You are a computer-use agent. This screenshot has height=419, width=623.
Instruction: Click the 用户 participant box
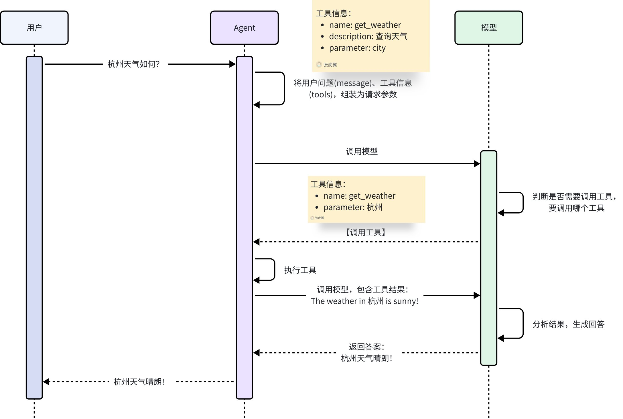[x=34, y=28]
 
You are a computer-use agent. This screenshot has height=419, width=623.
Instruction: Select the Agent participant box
[x=244, y=28]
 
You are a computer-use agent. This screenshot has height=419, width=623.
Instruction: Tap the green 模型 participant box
[x=489, y=28]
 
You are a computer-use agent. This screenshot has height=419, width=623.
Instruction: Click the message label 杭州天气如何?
[x=133, y=64]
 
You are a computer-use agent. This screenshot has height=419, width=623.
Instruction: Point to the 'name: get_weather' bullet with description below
[x=365, y=25]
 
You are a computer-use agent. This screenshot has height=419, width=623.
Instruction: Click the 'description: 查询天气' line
[x=368, y=37]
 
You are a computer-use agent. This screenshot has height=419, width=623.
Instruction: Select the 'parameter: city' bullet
[x=357, y=48]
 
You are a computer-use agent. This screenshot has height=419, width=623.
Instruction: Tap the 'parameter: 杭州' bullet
[x=353, y=207]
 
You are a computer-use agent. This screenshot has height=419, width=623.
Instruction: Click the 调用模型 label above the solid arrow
[x=362, y=151]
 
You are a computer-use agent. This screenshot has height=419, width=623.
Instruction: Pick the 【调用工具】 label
[x=365, y=232]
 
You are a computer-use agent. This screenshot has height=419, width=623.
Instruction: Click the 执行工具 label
[x=300, y=270]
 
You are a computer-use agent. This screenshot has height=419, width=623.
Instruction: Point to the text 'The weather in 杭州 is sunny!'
[x=364, y=301]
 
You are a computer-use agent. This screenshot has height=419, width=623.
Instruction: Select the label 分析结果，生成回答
[x=569, y=324]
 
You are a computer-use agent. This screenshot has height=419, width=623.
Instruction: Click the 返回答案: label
[x=366, y=347]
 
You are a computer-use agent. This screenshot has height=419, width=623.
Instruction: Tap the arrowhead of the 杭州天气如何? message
[x=232, y=64]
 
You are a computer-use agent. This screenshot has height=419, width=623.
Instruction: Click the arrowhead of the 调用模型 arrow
[x=477, y=164]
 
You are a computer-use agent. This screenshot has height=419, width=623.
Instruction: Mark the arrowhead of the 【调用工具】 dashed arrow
[x=256, y=242]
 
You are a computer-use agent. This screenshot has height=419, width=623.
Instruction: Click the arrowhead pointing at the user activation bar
[x=46, y=382]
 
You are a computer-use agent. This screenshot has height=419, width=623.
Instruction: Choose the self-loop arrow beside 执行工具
[x=275, y=270]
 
